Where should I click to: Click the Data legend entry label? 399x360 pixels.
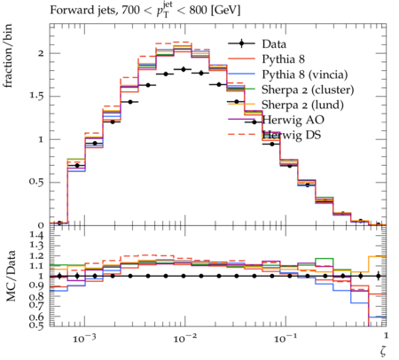[x=274, y=44]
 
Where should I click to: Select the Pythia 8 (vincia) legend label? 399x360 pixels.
[x=305, y=74]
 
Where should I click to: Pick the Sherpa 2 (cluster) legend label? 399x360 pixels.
[x=308, y=90]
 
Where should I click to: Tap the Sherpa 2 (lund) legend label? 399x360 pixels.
[x=302, y=105]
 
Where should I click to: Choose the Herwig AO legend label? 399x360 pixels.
[x=293, y=120]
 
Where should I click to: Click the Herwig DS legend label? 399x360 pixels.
[x=292, y=135]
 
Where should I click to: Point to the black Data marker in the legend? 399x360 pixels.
[x=241, y=43]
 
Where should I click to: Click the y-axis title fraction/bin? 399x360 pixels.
[x=8, y=56]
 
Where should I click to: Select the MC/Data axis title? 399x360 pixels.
[x=11, y=276]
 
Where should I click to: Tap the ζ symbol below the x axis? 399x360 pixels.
[x=383, y=351]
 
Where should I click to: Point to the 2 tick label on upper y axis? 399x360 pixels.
[x=41, y=53]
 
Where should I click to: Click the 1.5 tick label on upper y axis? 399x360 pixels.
[x=36, y=97]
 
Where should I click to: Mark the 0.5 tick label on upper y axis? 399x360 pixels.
[x=36, y=182]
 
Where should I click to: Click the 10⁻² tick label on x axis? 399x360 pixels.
[x=184, y=338]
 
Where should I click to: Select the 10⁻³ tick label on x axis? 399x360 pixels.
[x=84, y=338]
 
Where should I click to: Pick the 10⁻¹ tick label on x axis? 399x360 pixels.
[x=285, y=338]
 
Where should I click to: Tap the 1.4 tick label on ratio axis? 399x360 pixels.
[x=36, y=235]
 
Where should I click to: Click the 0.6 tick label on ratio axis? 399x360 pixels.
[x=36, y=317]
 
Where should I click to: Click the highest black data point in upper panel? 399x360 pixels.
[x=184, y=69]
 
